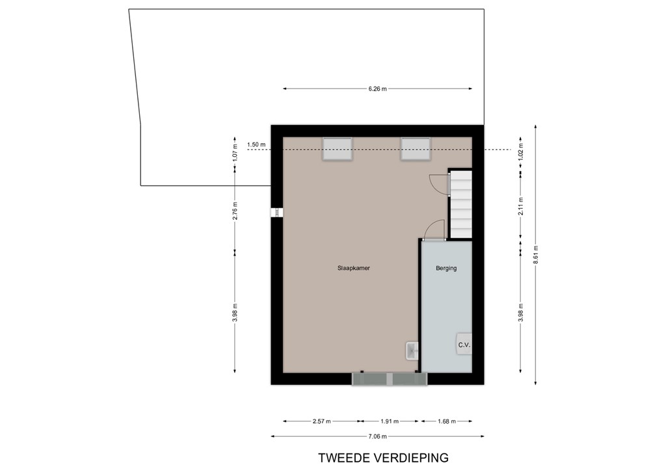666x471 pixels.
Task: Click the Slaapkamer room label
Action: coord(354,267)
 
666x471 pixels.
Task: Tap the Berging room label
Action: coord(446,267)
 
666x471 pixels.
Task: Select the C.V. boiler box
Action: coord(463,344)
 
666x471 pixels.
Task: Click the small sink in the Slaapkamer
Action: coord(412,351)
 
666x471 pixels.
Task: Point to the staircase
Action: coord(460,204)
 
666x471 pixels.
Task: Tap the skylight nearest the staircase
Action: coord(416,148)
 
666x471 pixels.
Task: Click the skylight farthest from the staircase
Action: coord(338,148)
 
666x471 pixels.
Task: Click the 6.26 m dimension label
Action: coord(377,89)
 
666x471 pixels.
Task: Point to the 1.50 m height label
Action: coord(256,144)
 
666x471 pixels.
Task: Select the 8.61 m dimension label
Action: coord(535,252)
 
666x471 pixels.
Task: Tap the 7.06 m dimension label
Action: coord(377,437)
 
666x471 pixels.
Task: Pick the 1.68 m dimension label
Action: coord(446,421)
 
